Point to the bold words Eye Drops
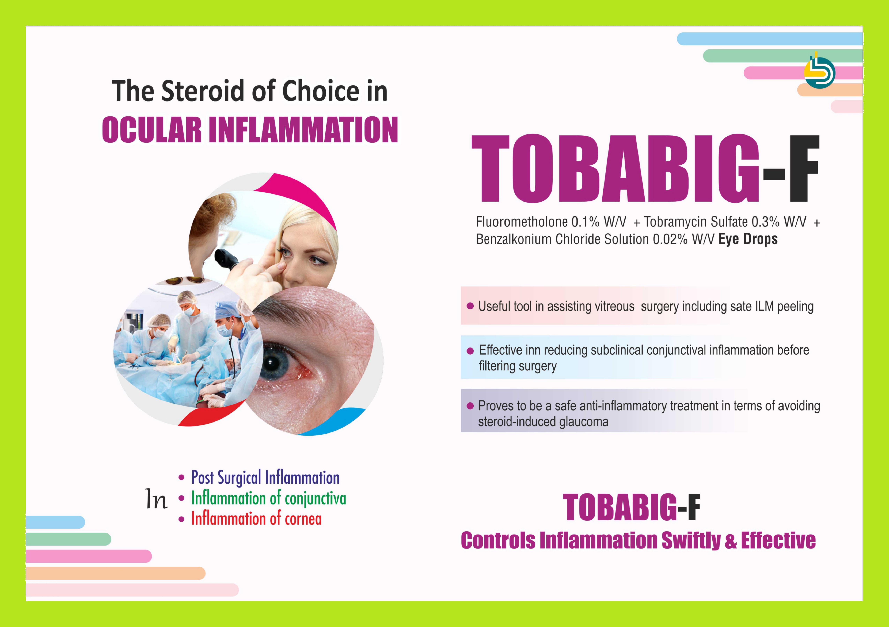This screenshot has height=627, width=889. [748, 239]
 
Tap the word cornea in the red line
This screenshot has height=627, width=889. [303, 519]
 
